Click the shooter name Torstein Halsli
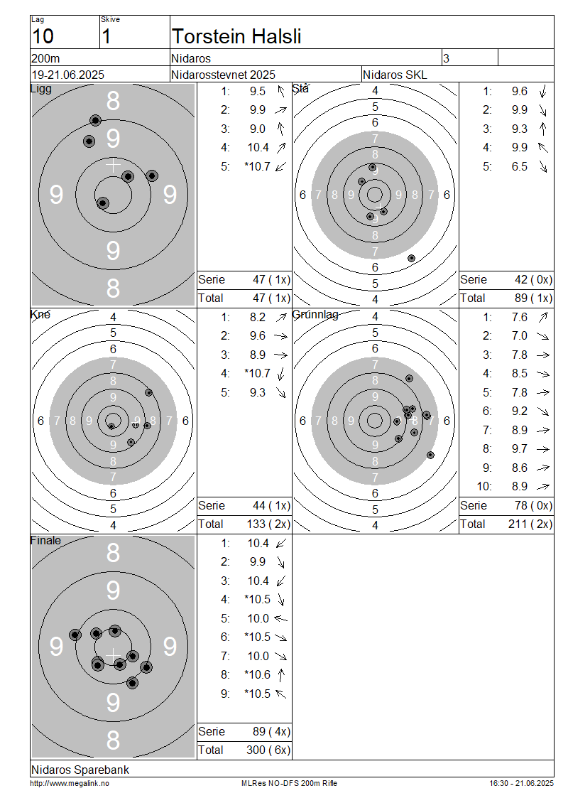tap(236, 36)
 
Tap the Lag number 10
tap(43, 36)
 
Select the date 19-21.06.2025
tap(68, 75)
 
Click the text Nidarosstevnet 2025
tap(223, 75)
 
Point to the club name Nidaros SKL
tap(395, 75)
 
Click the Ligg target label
tap(41, 89)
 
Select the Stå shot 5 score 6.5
tap(520, 166)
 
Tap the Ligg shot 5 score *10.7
tap(258, 166)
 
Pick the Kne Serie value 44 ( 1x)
tap(271, 506)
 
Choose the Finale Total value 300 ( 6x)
tap(268, 750)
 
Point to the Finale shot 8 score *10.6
tap(258, 675)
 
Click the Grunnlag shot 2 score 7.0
tap(520, 336)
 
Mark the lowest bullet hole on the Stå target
tap(411, 258)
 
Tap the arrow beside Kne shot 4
tap(281, 374)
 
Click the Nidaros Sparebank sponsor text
tap(80, 770)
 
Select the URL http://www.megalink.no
tap(70, 783)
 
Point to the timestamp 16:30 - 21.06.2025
tap(521, 783)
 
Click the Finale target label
tap(45, 541)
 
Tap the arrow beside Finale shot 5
tap(281, 619)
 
